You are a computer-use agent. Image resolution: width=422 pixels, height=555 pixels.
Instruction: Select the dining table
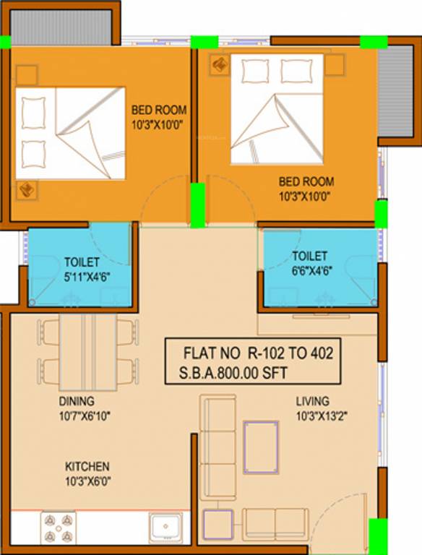87,351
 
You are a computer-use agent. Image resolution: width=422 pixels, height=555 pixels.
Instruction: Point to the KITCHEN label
87,466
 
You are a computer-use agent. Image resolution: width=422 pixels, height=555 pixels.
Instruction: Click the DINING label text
77,401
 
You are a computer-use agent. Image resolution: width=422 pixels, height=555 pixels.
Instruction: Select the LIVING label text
312,401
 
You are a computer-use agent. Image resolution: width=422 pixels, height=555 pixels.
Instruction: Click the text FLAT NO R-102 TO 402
251,356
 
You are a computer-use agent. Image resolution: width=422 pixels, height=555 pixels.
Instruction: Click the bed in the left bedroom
71,134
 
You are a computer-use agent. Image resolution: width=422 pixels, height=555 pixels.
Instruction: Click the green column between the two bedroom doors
197,205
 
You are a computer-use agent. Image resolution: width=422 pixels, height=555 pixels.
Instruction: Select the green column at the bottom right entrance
378,536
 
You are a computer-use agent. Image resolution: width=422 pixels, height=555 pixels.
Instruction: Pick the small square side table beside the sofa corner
218,523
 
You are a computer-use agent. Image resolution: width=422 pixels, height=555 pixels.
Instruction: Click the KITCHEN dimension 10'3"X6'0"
87,481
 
